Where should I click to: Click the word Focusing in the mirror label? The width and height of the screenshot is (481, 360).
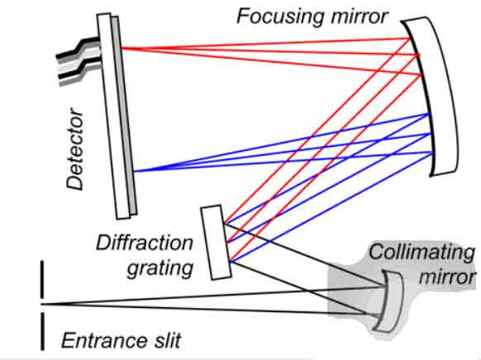(x=280, y=17)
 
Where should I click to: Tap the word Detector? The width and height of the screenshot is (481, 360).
(x=75, y=149)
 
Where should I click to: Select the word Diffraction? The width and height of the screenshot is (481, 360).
(x=145, y=243)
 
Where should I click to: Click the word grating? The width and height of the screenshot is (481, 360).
(x=160, y=268)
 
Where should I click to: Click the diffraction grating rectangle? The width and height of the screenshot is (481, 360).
(x=216, y=242)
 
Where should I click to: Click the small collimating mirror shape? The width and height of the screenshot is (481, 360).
(x=391, y=301)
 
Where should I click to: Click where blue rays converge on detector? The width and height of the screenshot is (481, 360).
(x=134, y=171)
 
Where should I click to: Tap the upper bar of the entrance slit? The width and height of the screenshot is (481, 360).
(x=42, y=279)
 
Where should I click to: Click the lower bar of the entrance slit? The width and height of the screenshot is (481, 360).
(x=42, y=331)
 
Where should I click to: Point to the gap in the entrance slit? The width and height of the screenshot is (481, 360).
(x=42, y=305)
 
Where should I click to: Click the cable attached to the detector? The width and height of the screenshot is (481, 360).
(x=79, y=61)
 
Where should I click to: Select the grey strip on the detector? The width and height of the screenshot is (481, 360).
(x=124, y=115)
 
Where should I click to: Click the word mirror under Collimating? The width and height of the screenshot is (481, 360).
(x=447, y=277)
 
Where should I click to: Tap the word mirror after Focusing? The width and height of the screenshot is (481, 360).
(x=360, y=17)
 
